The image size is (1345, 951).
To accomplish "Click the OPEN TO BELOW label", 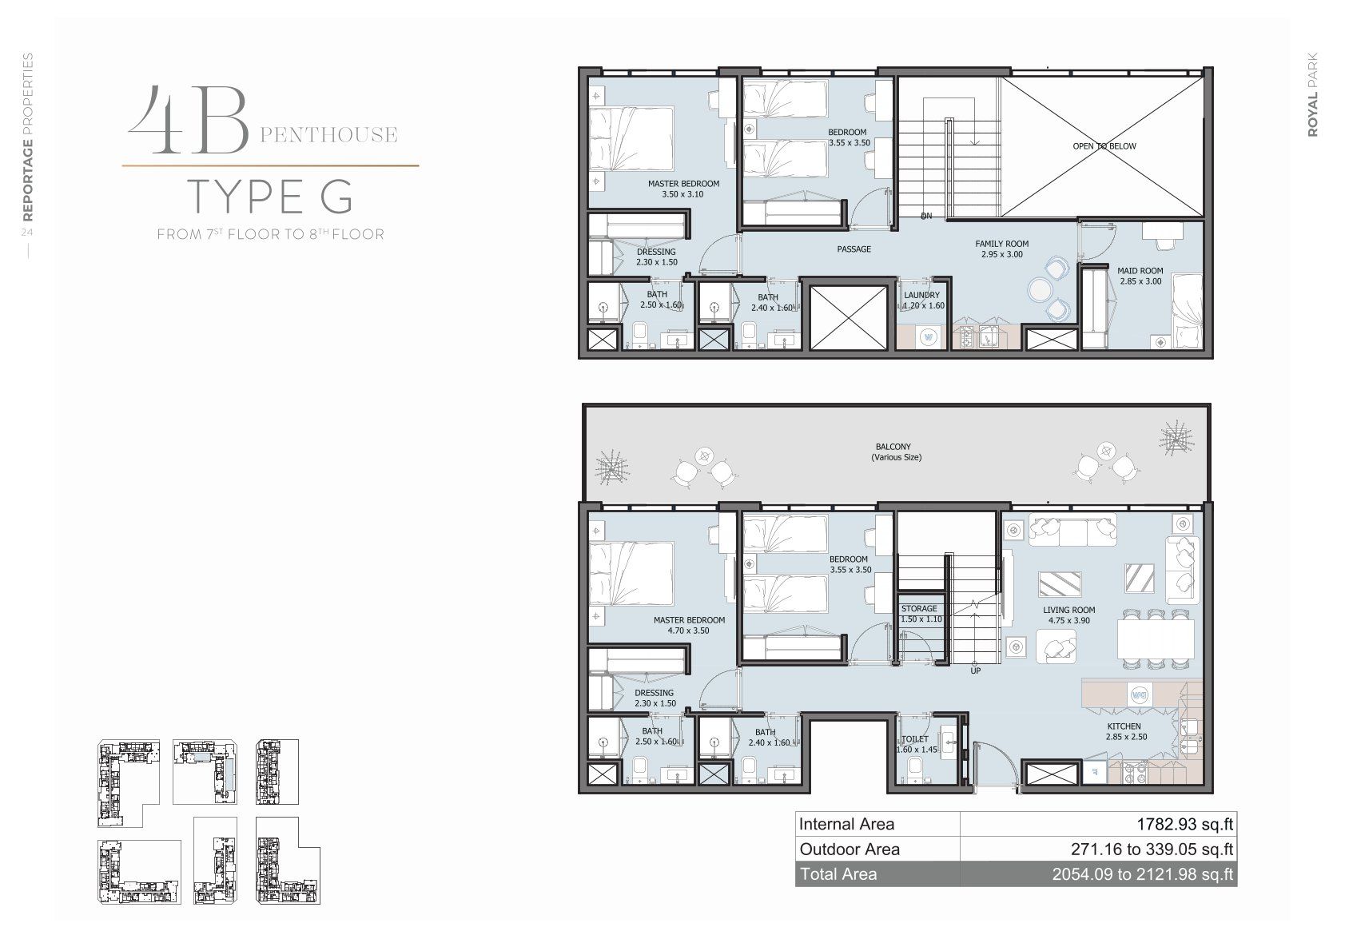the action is (1104, 146).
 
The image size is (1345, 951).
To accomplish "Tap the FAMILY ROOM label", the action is (1001, 244).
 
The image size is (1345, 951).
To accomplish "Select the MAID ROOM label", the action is (1140, 271).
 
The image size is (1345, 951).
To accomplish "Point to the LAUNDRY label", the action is (921, 296).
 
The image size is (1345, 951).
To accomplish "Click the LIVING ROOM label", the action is (1068, 610).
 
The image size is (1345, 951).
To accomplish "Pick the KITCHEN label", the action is (1124, 726).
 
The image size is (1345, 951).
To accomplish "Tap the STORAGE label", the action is (919, 609).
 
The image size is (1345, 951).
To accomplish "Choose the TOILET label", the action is (914, 739).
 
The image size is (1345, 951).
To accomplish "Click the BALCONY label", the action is (893, 447).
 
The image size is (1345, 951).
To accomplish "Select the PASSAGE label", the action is (854, 249).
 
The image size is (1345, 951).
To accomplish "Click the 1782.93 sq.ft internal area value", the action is (1184, 824).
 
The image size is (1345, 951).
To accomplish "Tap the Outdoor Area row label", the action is (850, 850).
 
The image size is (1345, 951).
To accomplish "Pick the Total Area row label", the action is (838, 874).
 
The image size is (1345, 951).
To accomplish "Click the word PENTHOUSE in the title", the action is (328, 135).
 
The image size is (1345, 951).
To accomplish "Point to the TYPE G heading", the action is (270, 197).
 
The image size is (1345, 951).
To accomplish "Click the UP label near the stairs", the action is (975, 670).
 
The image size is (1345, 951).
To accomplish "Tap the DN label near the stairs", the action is (926, 216).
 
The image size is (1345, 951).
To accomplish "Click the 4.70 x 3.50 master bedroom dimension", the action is (688, 631).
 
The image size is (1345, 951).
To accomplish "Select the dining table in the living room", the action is (1156, 639).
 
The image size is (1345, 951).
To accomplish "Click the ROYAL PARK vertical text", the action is (1312, 95).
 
